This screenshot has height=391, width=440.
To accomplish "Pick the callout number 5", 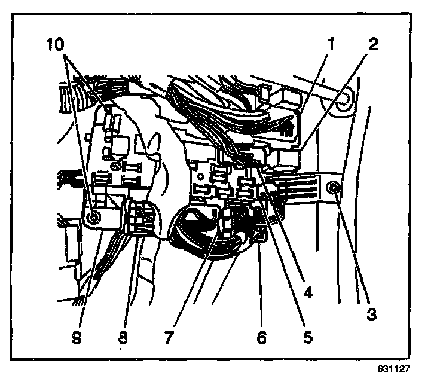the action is [307, 337].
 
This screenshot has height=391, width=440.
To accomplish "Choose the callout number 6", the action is [260, 337].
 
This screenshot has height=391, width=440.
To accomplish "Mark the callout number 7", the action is [169, 337].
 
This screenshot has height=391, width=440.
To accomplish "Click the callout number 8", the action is [122, 337].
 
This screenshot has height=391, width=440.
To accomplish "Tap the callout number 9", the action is [77, 337].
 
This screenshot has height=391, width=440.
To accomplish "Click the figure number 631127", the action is [394, 369].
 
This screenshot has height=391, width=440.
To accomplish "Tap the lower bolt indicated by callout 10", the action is [91, 218].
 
